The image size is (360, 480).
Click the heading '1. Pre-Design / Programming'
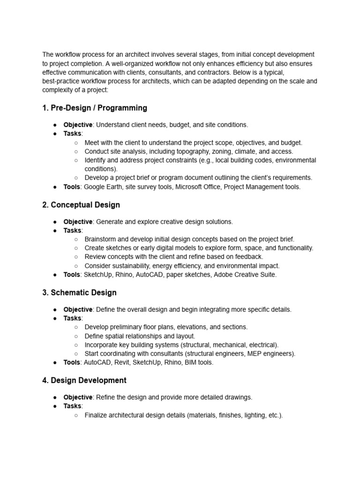pos(94,108)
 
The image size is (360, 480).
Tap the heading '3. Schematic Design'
pos(79,292)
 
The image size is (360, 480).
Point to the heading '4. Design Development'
pos(84,380)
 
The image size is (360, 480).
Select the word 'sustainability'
pos(132,266)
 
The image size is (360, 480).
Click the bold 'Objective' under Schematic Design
pos(78,309)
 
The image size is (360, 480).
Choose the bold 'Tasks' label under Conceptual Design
pos(73,230)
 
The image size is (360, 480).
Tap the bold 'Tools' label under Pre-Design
pos(72,187)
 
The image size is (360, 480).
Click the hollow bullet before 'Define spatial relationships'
pos(76,336)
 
